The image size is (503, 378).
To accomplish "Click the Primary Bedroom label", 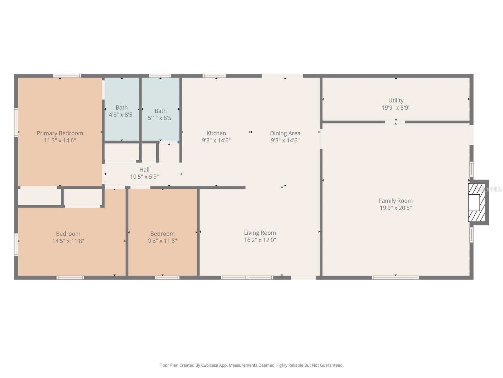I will pos(60,133).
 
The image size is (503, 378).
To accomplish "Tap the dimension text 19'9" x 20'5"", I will pos(395,208).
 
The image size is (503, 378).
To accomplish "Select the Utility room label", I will pos(395,100).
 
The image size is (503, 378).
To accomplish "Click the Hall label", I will pos(144,169).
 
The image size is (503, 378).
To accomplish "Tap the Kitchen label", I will pos(216,133).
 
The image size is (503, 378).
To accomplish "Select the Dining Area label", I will pos(285,133).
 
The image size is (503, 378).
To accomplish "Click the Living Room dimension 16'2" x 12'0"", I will pos(260,240).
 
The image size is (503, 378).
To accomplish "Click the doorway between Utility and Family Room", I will pos(395,122).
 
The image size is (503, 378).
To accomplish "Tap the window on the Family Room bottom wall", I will pos(395,278).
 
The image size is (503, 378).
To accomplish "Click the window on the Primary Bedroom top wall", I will pos(67,76).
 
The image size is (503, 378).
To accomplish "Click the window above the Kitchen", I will pos(214,76).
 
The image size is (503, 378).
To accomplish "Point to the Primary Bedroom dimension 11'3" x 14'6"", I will pos(60,140).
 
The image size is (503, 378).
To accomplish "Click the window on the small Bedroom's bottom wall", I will pos(167,278).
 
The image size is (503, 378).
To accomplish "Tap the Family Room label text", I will pos(395,201).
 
